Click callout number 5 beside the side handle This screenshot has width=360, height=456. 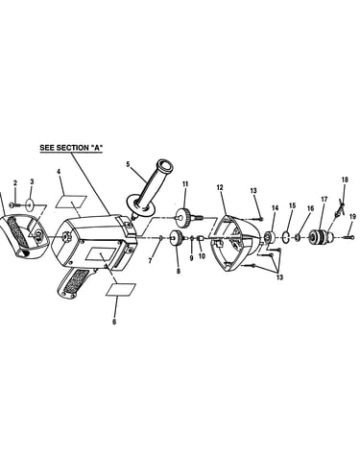point(128,164)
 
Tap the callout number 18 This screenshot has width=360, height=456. point(345,180)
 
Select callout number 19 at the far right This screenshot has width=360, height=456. point(352,217)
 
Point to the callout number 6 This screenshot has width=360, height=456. point(114,322)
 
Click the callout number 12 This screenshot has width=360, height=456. point(220,187)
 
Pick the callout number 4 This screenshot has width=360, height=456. point(59,172)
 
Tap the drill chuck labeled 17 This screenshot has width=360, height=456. point(322,236)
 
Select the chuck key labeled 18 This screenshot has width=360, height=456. point(339,209)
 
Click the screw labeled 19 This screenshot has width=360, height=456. point(348,237)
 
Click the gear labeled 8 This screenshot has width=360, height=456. point(177,238)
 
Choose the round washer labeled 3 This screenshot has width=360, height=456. point(31,204)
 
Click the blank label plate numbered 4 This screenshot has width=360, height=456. point(71,203)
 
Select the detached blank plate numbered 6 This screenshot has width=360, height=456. point(121,290)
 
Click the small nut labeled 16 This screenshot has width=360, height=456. point(298,237)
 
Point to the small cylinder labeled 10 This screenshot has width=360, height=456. point(201,238)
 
